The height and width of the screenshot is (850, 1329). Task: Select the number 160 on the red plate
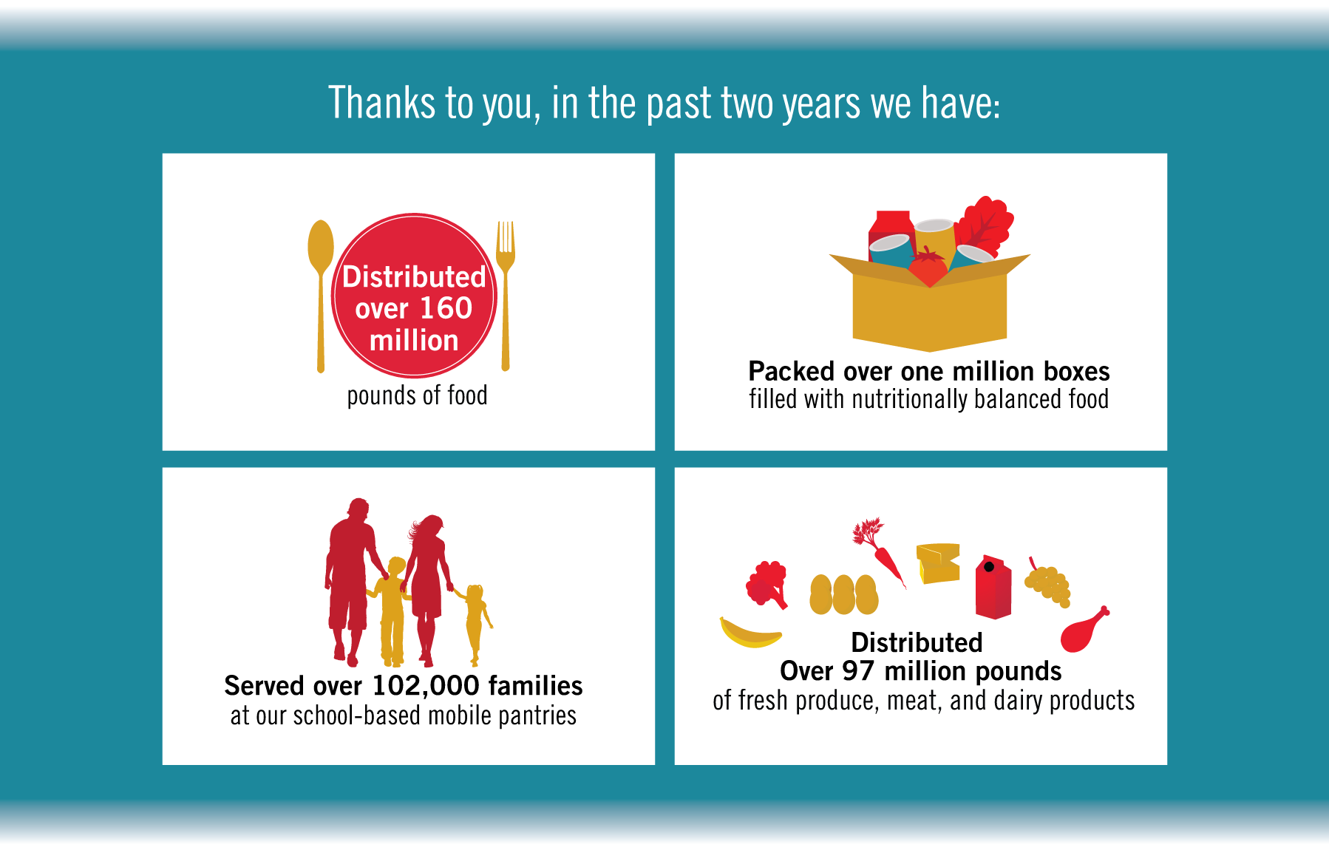coord(446,308)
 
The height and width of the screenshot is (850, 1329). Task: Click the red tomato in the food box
coord(928,266)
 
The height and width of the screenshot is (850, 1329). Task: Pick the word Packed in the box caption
coord(792,371)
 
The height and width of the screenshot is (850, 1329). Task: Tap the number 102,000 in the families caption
coord(426,686)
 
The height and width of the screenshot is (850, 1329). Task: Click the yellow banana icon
coord(750,633)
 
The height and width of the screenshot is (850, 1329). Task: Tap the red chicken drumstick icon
coord(1084,630)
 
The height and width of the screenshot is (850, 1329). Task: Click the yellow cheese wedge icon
coord(938,563)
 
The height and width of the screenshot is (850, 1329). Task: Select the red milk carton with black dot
coord(993,587)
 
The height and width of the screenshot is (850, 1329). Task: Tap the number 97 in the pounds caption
coord(857,671)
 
